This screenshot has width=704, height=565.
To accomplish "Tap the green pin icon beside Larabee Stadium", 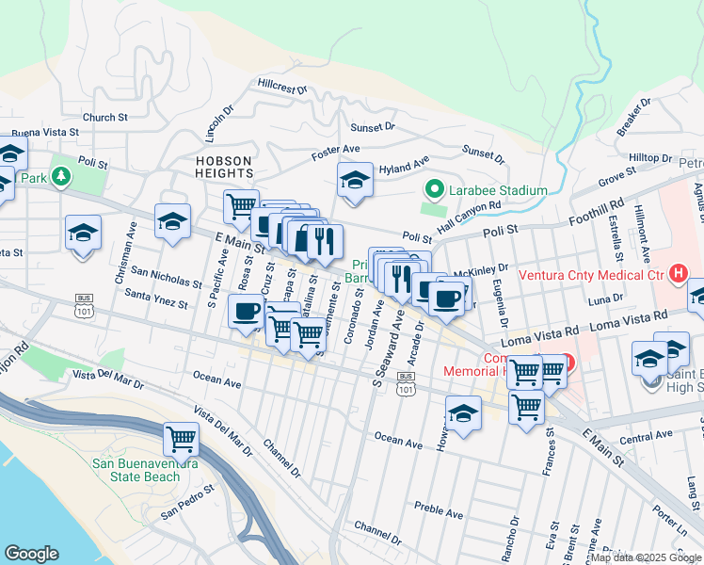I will pyautogui.click(x=434, y=190).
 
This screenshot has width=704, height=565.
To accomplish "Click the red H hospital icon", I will pyautogui.click(x=676, y=274).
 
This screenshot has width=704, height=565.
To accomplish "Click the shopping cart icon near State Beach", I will pyautogui.click(x=181, y=438).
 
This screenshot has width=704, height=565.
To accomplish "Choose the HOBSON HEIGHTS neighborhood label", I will pyautogui.click(x=225, y=167).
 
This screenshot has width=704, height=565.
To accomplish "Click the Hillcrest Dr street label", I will pyautogui.click(x=282, y=87).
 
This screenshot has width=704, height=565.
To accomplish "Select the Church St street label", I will pyautogui.click(x=104, y=118).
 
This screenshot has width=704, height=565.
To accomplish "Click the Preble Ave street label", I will pyautogui.click(x=439, y=513).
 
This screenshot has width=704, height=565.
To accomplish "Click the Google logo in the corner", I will pyautogui.click(x=31, y=554).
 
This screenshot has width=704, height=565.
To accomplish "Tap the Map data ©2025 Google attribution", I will pyautogui.click(x=647, y=557).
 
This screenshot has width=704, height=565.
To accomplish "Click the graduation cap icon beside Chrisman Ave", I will pyautogui.click(x=83, y=233).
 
